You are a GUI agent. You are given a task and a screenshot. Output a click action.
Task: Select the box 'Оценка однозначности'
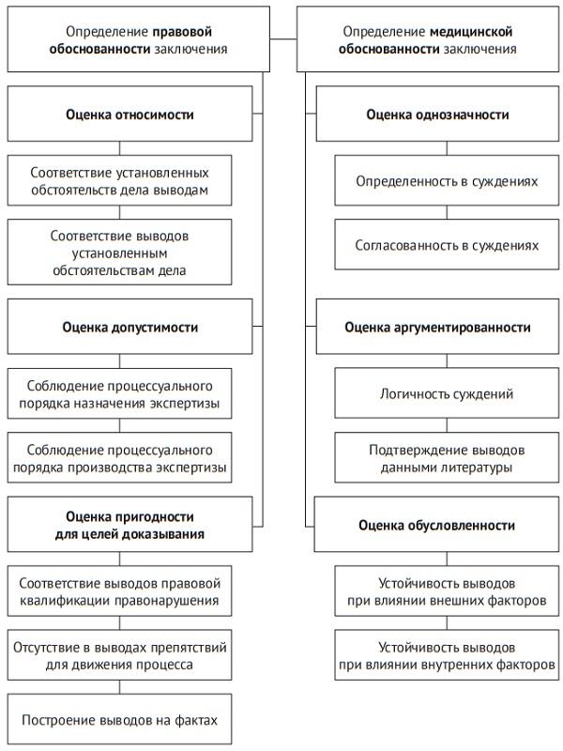[x=437, y=115]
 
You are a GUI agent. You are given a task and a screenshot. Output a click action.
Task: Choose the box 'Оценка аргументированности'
[x=437, y=327]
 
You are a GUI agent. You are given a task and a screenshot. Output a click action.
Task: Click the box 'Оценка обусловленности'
[x=437, y=524]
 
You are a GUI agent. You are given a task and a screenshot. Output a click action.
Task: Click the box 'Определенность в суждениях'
[x=447, y=180]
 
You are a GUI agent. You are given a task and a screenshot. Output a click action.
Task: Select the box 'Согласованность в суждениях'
[x=447, y=245]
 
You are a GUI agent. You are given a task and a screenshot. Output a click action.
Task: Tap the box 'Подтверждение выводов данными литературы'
[x=447, y=457]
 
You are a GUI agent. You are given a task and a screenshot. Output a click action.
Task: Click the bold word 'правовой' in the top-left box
[x=204, y=31]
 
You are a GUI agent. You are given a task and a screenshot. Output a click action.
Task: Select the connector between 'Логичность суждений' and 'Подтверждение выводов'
[x=447, y=425]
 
